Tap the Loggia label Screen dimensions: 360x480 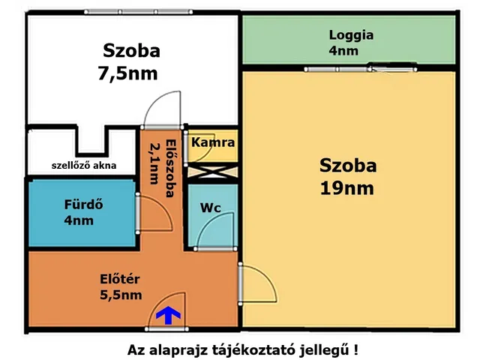click(x=351, y=35)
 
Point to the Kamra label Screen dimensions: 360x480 click(x=213, y=142)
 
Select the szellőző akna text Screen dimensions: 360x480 click(x=83, y=165)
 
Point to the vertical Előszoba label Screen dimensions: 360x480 click(x=163, y=169)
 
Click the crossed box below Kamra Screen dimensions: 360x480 click(x=211, y=170)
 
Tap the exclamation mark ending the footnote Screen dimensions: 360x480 click(x=355, y=349)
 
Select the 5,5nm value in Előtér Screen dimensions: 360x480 click(x=121, y=295)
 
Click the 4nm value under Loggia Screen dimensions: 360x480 click(x=343, y=51)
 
